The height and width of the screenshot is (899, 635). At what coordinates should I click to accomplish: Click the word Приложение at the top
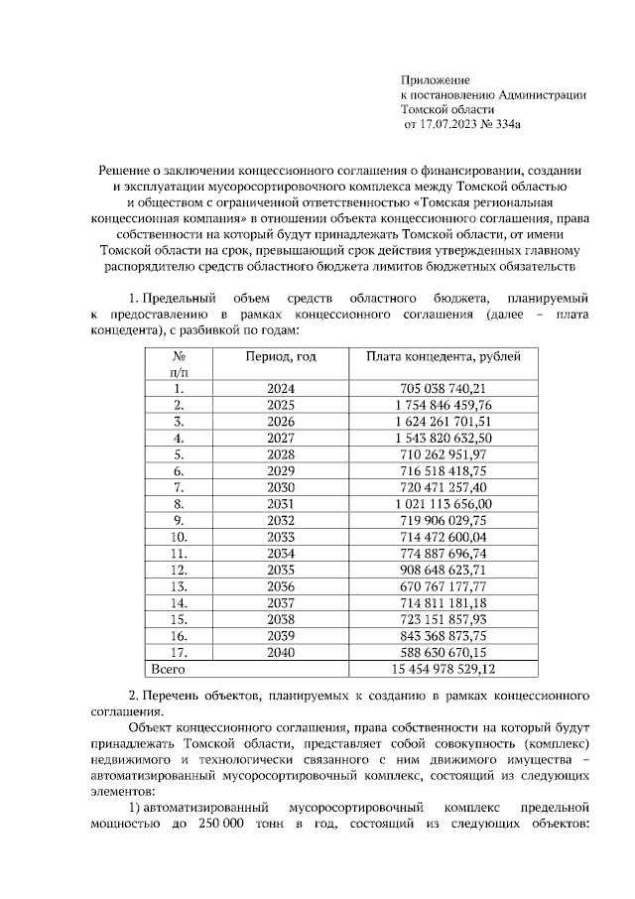[x=435, y=79]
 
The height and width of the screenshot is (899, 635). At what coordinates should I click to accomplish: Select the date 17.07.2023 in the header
[x=451, y=126]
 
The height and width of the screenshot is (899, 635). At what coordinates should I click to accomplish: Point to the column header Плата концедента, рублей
[x=443, y=356]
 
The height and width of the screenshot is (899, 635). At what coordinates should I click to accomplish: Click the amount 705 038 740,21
[x=443, y=389]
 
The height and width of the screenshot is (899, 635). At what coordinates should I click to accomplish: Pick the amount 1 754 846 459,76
[x=443, y=405]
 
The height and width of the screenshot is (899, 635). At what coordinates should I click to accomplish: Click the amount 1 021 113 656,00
[x=443, y=504]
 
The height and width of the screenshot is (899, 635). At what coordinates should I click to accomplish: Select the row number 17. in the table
[x=180, y=651]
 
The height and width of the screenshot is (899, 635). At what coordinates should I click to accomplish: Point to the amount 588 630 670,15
[x=443, y=651]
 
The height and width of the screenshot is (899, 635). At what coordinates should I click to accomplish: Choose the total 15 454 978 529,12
[x=443, y=668]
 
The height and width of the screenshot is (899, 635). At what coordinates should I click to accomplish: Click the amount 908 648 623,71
[x=443, y=570]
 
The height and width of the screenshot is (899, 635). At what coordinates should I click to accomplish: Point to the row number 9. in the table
[x=180, y=520]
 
